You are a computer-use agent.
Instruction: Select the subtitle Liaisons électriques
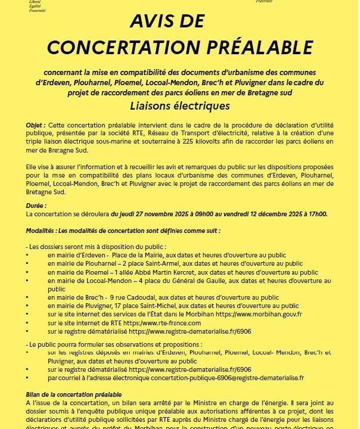point(179,107)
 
